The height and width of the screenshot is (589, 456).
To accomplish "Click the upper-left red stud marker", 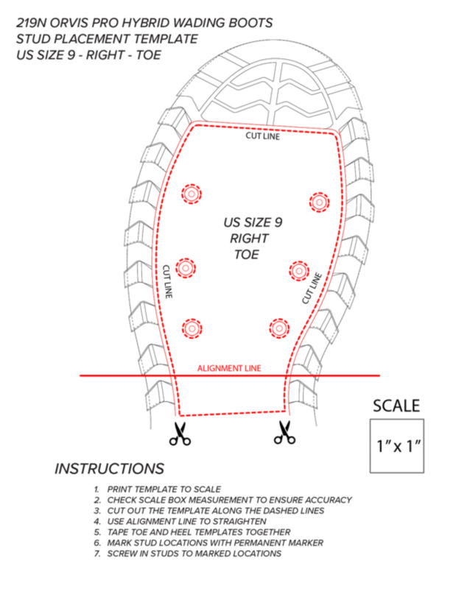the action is click(x=192, y=194).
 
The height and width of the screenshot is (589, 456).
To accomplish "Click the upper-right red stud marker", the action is click(x=319, y=202).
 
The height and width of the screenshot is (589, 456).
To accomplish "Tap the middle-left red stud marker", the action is click(x=186, y=268).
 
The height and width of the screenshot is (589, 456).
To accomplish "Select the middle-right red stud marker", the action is click(x=299, y=270).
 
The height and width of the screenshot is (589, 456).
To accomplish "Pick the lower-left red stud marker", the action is click(x=192, y=328).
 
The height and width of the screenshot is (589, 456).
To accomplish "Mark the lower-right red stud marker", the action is click(x=279, y=328).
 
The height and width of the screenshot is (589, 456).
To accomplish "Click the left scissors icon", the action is click(x=180, y=434).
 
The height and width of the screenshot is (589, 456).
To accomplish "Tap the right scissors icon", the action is click(x=284, y=432).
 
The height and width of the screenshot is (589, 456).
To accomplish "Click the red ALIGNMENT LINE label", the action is click(x=229, y=368).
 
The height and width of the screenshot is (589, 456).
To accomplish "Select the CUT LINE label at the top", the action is click(x=263, y=136).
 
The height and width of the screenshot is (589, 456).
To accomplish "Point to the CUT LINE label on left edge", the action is click(x=168, y=281).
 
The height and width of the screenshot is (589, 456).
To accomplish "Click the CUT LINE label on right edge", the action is click(x=312, y=288).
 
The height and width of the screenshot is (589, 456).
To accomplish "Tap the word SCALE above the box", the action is click(x=396, y=406).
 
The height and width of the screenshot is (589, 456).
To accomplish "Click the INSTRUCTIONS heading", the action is click(x=109, y=468).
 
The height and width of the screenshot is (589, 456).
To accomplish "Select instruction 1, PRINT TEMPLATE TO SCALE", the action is click(x=157, y=489).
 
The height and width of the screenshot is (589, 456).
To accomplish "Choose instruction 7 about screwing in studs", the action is click(x=187, y=554).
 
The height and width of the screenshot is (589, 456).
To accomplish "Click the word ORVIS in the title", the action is click(x=69, y=23).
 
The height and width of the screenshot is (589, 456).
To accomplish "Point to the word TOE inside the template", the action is click(x=247, y=254).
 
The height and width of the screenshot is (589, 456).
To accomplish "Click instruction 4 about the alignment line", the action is click(x=180, y=521).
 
